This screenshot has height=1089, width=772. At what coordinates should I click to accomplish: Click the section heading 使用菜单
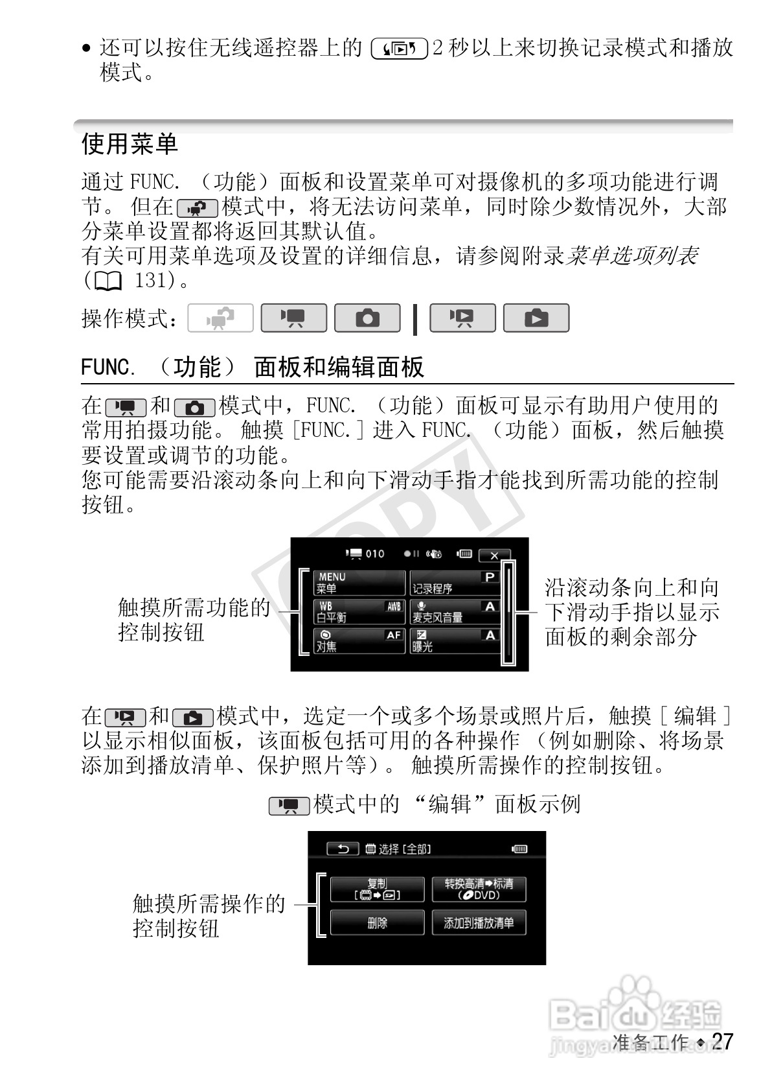tap(130, 143)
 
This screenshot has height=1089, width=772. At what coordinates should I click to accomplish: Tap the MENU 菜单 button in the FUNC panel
tap(359, 583)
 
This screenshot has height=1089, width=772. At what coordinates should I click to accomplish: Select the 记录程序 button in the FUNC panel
tap(455, 583)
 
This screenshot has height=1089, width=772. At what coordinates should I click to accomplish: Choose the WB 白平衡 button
tap(359, 611)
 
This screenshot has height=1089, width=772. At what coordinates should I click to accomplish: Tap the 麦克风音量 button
tap(455, 611)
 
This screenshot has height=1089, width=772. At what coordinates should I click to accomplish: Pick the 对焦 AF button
tap(359, 640)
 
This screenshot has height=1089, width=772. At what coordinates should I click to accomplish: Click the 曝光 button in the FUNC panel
tap(455, 640)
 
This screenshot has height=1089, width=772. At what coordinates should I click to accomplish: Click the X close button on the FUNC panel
tap(494, 555)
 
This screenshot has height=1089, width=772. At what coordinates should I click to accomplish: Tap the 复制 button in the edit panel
tap(377, 889)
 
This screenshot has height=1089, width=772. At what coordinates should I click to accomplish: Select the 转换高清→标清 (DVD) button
tap(479, 889)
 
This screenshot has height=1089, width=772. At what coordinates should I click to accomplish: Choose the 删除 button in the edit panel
tap(377, 922)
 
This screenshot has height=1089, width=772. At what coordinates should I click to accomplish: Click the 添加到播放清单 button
tap(479, 922)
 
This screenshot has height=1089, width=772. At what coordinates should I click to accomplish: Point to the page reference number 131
tap(150, 281)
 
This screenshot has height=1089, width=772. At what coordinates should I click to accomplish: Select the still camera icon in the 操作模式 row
tap(367, 318)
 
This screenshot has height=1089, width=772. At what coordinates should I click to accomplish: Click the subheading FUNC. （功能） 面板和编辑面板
tap(253, 368)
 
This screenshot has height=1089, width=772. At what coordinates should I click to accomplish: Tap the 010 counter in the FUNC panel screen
tap(374, 554)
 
